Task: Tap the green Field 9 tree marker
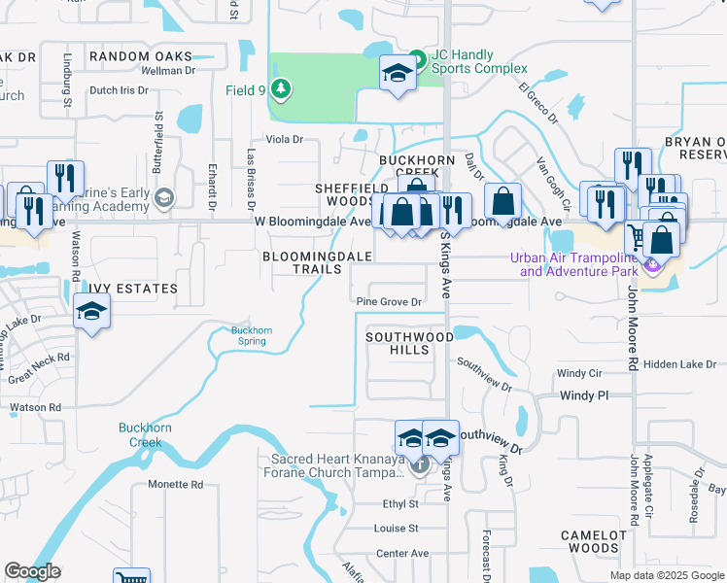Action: (x=281, y=90)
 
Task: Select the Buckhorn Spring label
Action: (x=252, y=335)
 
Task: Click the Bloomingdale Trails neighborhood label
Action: (x=318, y=262)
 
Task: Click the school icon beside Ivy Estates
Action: (x=91, y=312)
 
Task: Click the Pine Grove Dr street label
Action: (x=389, y=302)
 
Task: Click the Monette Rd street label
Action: (x=175, y=484)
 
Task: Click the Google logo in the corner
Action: (x=32, y=571)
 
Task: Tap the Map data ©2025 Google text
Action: (x=666, y=575)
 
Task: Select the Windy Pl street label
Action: (x=584, y=395)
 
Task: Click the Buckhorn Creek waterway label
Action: (x=146, y=434)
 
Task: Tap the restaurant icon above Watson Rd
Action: (x=65, y=178)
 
